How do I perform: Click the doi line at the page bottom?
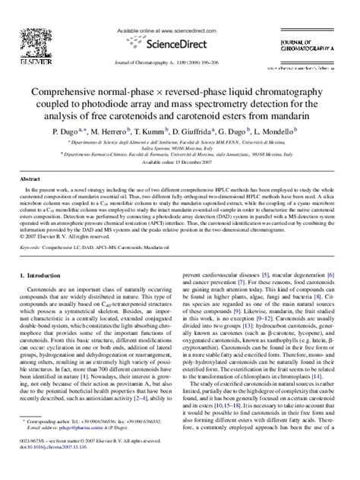click(52, 470)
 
